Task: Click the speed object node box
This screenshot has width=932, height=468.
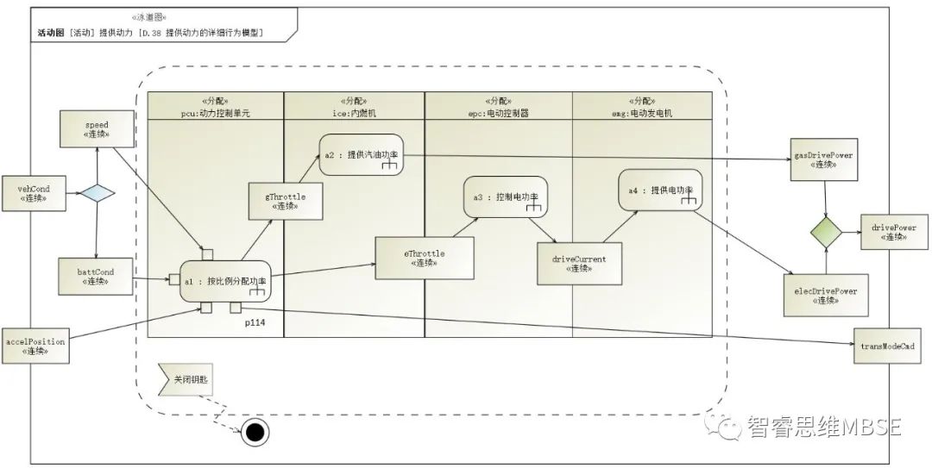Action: [x=96, y=129]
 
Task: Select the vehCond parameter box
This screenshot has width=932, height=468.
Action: [x=31, y=192]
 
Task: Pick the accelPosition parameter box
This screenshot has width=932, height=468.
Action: [x=35, y=346]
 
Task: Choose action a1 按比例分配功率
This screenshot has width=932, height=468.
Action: [x=226, y=281]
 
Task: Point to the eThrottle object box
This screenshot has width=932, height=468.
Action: [x=424, y=258]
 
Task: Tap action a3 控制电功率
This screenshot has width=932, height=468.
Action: [x=506, y=197]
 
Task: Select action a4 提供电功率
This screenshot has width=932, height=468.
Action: [x=662, y=190]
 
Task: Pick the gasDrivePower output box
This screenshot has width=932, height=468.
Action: [x=822, y=159]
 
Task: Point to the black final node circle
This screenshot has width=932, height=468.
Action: [x=254, y=433]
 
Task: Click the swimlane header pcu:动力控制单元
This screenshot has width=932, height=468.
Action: [x=217, y=106]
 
